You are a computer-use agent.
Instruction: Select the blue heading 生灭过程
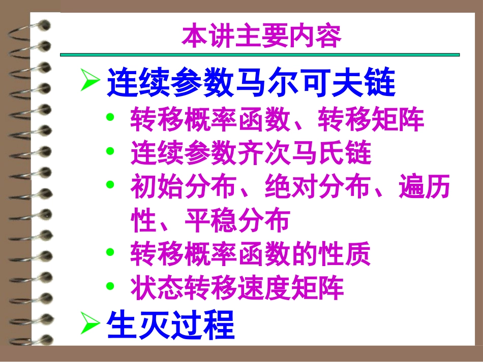tap(170, 324)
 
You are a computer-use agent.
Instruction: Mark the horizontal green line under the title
tap(259, 54)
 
